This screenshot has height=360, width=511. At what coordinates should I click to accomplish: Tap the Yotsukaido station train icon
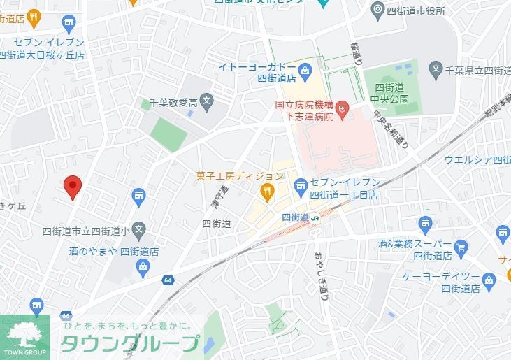(x=315, y=217)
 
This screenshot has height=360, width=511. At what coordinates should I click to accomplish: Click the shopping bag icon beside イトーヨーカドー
(x=305, y=70)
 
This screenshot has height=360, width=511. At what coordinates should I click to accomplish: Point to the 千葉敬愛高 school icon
(x=206, y=102)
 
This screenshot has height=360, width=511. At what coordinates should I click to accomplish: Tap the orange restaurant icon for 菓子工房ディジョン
(x=266, y=190)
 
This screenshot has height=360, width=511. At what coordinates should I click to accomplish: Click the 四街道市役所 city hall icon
(x=377, y=10)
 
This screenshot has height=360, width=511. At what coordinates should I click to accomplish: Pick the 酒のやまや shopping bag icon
(x=143, y=266)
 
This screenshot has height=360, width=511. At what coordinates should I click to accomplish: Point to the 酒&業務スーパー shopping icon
(x=460, y=247)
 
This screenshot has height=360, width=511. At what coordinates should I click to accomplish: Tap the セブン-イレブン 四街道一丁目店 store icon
(x=301, y=185)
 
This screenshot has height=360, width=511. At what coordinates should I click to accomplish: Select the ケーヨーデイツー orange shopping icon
(x=490, y=279)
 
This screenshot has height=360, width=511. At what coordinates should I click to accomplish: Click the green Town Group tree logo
(x=24, y=336)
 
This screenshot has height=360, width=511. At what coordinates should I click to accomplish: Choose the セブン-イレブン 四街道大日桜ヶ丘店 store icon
(x=69, y=25)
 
